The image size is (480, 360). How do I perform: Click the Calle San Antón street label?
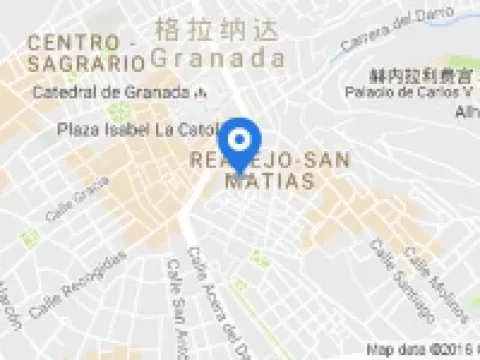[179, 309]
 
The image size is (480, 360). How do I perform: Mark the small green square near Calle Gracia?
[27, 237]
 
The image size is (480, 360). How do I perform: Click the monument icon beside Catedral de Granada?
[203, 93]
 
